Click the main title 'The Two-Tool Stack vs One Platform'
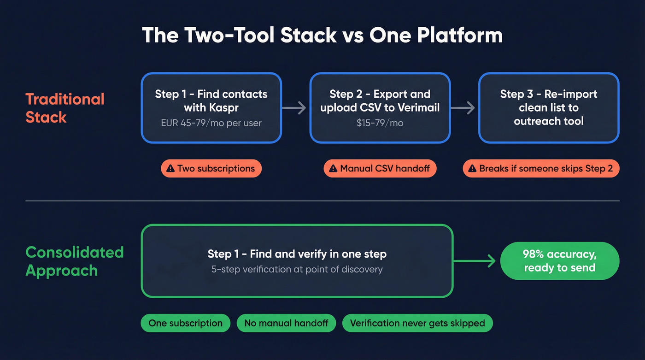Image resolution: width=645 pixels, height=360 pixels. pyautogui.click(x=322, y=35)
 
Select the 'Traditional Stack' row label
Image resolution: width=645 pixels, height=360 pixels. pyautogui.click(x=65, y=108)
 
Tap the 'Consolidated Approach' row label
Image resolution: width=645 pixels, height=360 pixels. pyautogui.click(x=75, y=261)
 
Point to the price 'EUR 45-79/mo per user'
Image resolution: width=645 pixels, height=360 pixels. pyautogui.click(x=211, y=123)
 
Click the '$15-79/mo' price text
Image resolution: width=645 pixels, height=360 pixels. pyautogui.click(x=380, y=123)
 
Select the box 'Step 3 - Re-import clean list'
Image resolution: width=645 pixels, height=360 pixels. pyautogui.click(x=549, y=108)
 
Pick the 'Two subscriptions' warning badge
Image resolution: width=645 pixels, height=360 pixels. pyautogui.click(x=211, y=169)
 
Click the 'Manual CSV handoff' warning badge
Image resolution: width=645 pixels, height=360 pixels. pyautogui.click(x=380, y=169)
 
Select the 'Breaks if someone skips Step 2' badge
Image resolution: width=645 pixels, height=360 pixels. pyautogui.click(x=541, y=169)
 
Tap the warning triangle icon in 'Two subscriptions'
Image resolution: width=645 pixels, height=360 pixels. pyautogui.click(x=170, y=169)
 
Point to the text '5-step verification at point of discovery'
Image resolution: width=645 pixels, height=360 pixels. pyautogui.click(x=297, y=269)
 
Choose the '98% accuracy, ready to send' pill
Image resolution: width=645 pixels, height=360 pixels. pyautogui.click(x=559, y=261)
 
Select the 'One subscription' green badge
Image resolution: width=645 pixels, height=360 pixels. pyautogui.click(x=185, y=323)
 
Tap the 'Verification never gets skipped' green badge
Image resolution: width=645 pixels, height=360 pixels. pyautogui.click(x=417, y=323)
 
